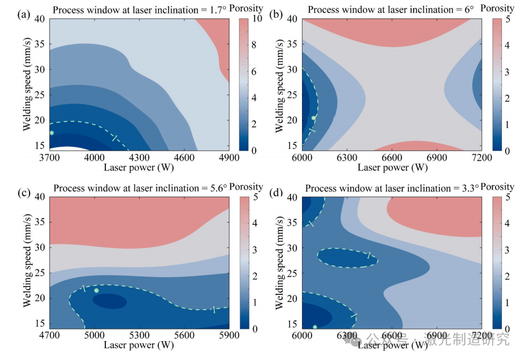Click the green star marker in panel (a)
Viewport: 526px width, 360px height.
click(52, 133)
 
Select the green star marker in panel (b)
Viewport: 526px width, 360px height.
click(314, 118)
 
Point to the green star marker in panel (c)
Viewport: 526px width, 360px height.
click(97, 291)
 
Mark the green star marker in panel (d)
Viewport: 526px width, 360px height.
click(315, 327)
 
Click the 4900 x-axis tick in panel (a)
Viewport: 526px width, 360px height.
click(228, 157)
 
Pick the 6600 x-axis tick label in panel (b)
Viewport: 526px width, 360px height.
click(392, 157)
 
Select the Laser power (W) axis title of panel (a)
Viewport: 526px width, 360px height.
click(139, 167)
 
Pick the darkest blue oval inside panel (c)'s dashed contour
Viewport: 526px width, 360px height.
click(110, 301)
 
